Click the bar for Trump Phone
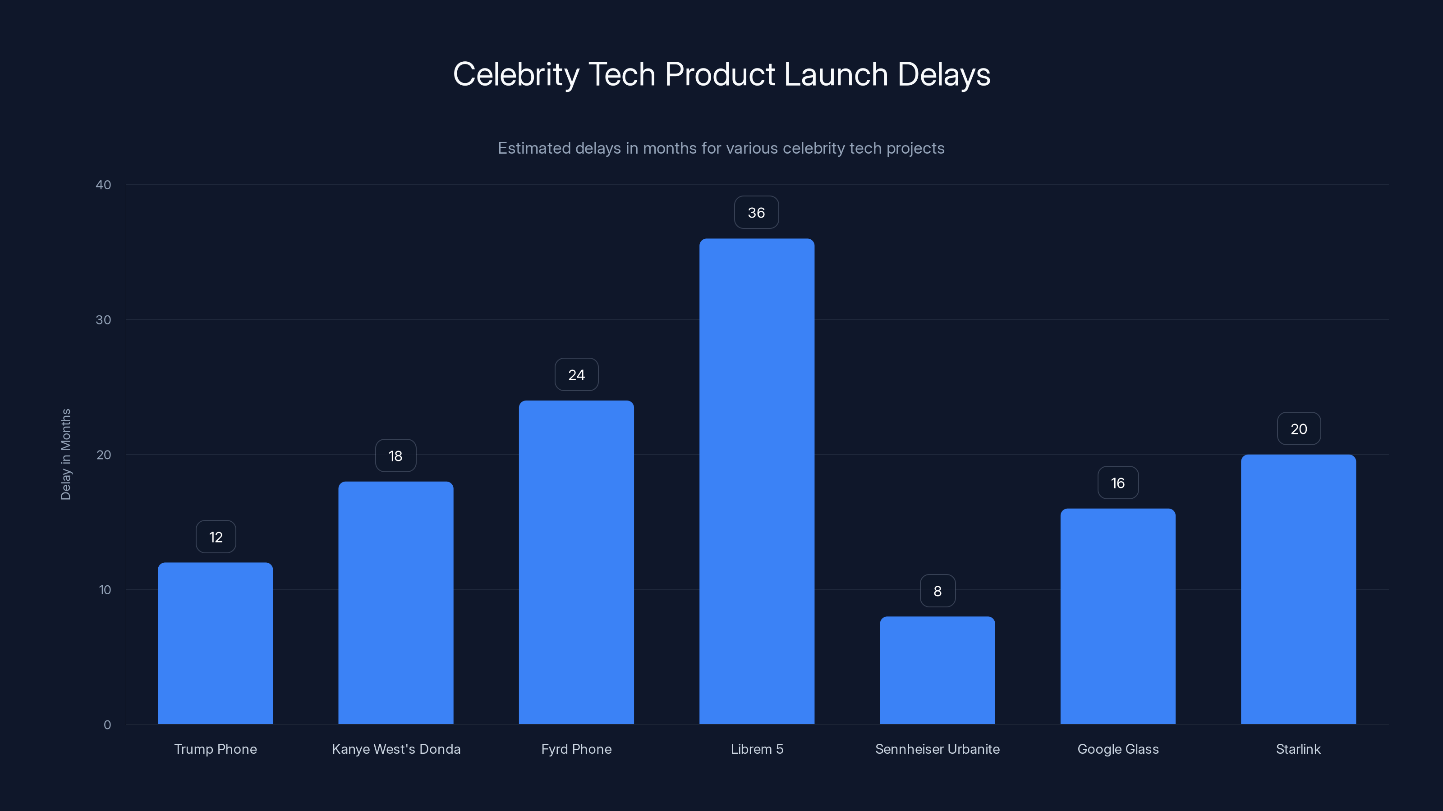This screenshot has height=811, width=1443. tap(215, 644)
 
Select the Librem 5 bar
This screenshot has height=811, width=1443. tap(756, 481)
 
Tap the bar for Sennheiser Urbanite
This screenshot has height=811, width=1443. tap(937, 670)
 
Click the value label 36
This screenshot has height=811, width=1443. tap(756, 213)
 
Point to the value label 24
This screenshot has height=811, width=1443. tap(576, 375)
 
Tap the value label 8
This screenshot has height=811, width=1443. tap(937, 591)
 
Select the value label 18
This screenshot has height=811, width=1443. tap(395, 456)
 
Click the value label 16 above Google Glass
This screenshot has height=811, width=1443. tap(1117, 483)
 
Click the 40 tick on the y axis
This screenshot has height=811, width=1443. tap(104, 185)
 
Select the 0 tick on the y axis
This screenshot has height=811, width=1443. tap(107, 725)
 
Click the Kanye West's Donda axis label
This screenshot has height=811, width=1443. tap(396, 749)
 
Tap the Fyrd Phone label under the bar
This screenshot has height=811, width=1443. tap(576, 749)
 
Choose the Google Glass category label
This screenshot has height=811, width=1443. tap(1117, 749)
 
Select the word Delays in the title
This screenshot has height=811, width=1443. tap(943, 74)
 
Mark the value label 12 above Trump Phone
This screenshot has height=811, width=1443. tap(216, 538)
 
